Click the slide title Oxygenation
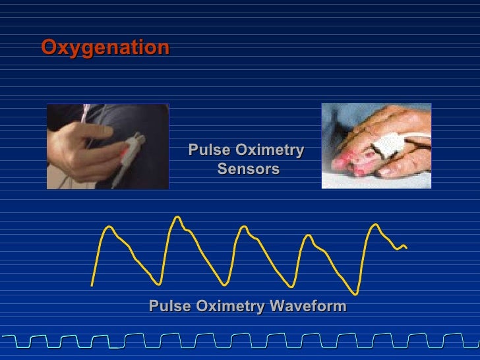105,48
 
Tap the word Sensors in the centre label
249,169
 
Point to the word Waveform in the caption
307,307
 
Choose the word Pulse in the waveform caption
168,307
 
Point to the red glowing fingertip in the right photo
349,163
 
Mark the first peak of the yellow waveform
109,227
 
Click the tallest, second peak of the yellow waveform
177,217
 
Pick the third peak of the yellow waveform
244,227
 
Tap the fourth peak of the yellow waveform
308,235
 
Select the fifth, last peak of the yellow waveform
375,225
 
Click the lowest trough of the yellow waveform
355,293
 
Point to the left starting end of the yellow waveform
92,285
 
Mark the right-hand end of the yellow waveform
406,248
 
